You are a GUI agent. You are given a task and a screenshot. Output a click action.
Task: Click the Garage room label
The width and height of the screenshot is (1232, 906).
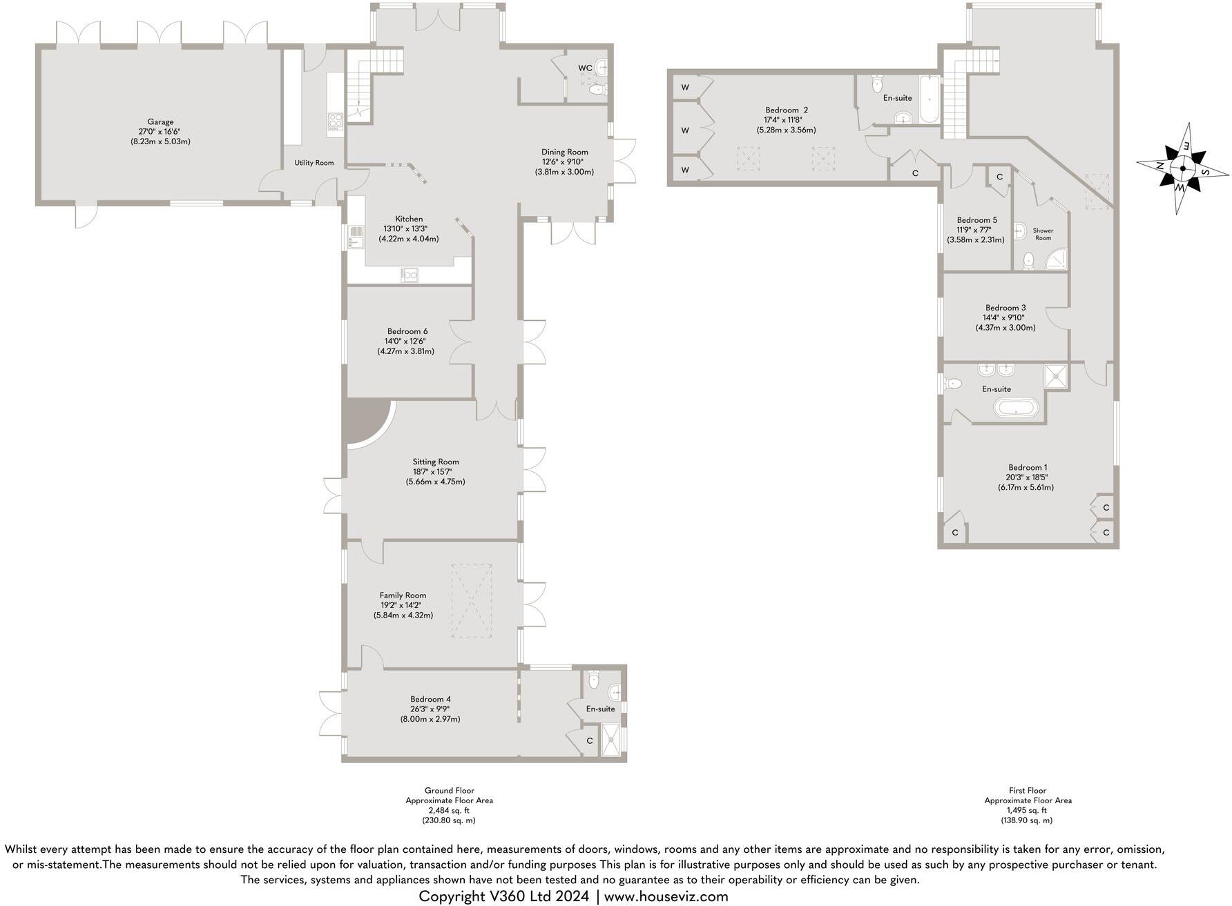tap(160, 122)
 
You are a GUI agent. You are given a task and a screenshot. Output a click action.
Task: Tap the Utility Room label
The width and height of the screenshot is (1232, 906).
tap(314, 163)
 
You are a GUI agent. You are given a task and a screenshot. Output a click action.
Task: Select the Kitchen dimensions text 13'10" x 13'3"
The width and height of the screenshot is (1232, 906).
tap(408, 229)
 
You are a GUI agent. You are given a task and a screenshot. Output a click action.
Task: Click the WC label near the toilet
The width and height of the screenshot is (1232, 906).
tap(585, 68)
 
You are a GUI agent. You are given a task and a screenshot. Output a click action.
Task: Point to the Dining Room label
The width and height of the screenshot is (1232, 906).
tap(564, 152)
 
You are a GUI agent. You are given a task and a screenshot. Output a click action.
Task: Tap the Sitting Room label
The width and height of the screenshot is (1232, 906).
tap(436, 462)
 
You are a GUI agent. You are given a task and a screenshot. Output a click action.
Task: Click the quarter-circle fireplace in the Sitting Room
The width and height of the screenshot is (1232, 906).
tap(364, 421)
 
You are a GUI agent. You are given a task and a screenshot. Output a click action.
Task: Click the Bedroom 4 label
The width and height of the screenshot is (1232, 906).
tap(430, 699)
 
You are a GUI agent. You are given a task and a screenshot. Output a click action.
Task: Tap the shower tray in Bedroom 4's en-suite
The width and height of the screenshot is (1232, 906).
tap(610, 739)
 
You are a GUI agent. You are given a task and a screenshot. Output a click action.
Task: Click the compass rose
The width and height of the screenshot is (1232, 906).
tap(1182, 168)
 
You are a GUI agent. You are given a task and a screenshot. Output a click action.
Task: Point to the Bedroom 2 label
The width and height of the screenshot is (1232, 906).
tap(786, 110)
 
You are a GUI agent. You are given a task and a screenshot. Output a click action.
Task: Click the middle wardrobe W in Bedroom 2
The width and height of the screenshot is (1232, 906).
tap(685, 130)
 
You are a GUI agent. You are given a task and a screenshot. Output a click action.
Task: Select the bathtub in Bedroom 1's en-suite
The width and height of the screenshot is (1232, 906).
tap(1015, 408)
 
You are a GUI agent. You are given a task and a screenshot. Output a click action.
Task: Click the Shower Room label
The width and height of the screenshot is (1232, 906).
tap(1043, 234)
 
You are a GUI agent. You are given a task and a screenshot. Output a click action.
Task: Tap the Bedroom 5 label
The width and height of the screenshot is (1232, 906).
tap(976, 220)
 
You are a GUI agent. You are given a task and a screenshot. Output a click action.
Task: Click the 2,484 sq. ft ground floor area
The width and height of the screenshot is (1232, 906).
tap(449, 811)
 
